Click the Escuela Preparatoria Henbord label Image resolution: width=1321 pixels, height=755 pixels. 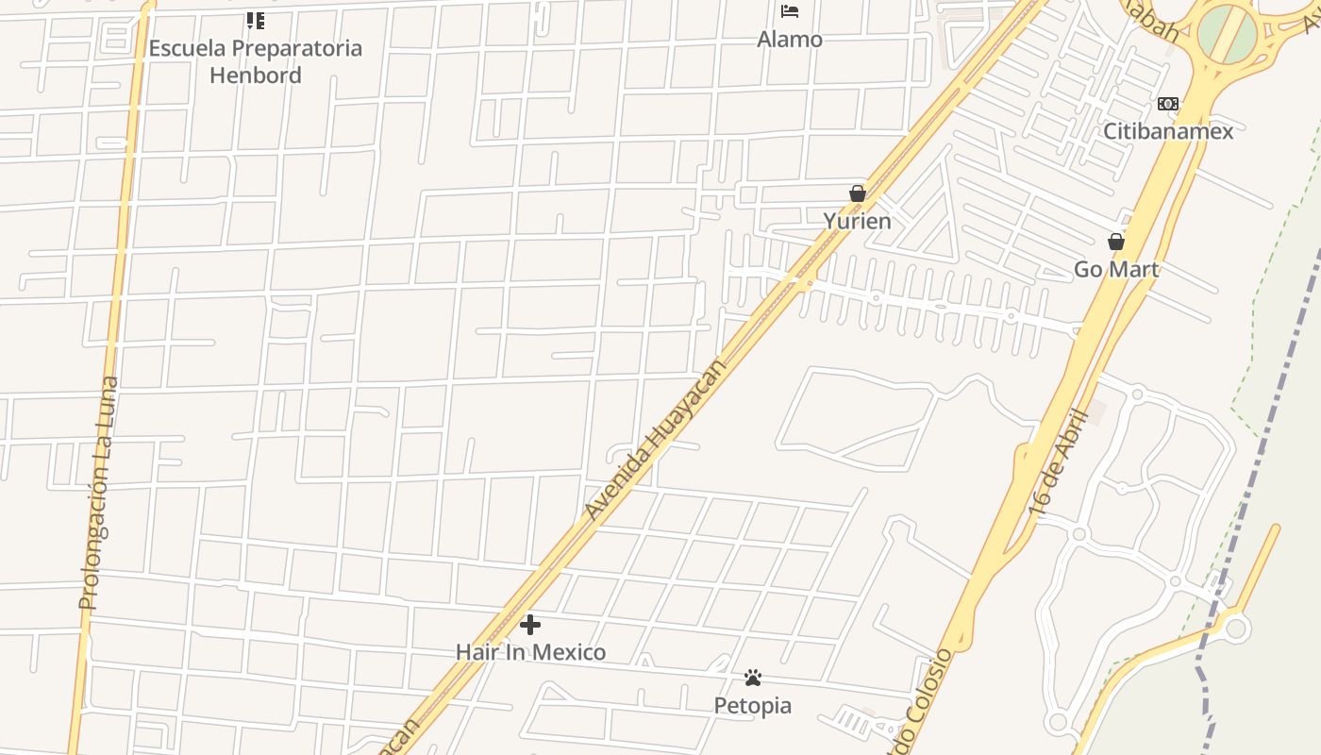tap(255, 61)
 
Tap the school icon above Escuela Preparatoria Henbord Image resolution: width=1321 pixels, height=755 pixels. tap(255, 20)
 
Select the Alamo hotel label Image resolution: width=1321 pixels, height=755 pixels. tap(790, 40)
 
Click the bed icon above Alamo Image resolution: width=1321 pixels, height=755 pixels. tap(790, 11)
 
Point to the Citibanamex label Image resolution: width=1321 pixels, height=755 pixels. tap(1168, 131)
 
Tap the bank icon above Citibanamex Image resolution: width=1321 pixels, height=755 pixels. tap(1168, 104)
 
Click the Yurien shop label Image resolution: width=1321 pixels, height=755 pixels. tap(857, 222)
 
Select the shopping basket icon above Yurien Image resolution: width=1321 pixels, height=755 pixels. tap(857, 193)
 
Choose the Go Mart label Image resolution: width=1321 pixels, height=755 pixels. tap(1116, 270)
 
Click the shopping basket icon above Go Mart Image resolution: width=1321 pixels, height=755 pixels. tap(1116, 242)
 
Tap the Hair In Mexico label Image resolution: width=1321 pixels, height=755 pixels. tap(530, 652)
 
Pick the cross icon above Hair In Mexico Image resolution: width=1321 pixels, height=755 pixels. tap(530, 625)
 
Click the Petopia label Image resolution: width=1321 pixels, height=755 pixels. tap(752, 706)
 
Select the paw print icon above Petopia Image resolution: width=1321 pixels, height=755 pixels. tap(752, 678)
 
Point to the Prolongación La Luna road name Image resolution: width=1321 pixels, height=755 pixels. tap(98, 493)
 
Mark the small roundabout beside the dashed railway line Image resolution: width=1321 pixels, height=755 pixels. tap(1236, 628)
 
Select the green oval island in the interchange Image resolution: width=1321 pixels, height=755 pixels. tap(1228, 34)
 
